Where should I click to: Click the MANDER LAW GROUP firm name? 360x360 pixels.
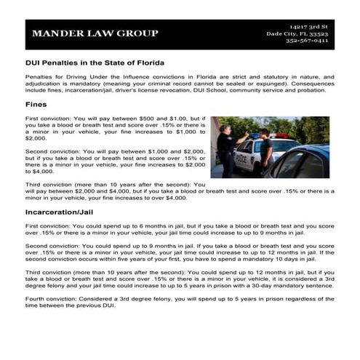point(95,33)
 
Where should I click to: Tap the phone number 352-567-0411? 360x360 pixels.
point(307,41)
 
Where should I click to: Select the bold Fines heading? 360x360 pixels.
point(36,104)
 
